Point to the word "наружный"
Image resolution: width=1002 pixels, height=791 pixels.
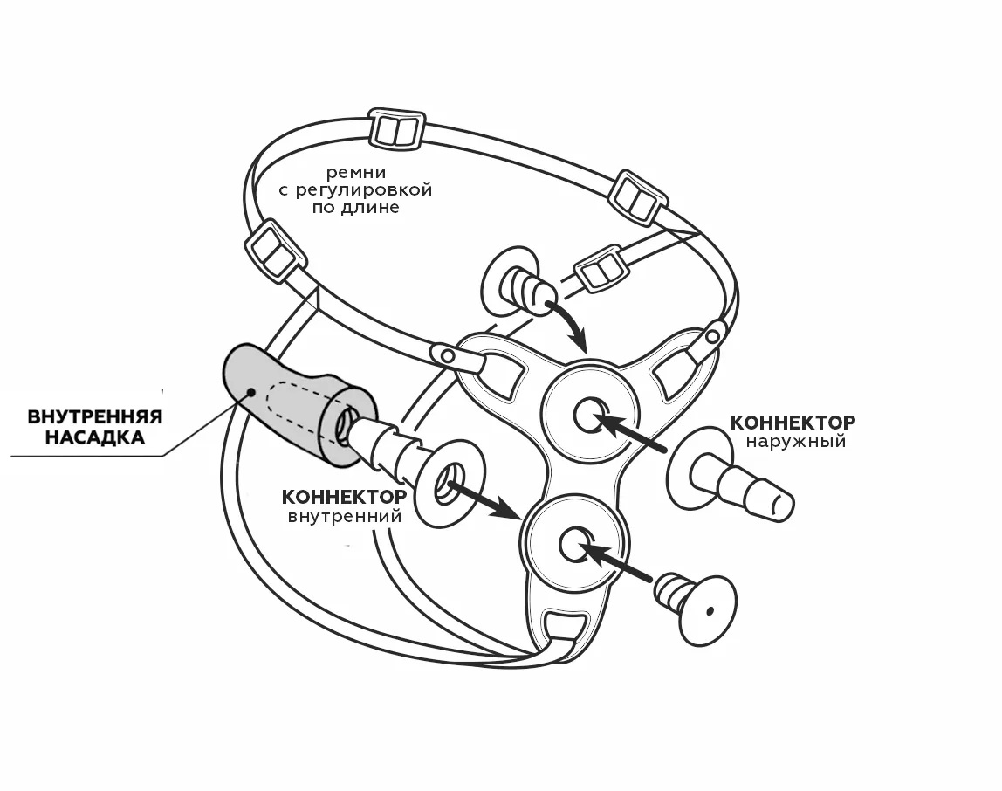tap(795, 442)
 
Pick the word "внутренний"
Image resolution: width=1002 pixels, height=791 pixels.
tap(344, 516)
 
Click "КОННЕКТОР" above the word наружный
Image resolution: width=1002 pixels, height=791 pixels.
tap(793, 423)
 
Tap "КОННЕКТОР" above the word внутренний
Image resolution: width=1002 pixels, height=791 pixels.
tap(343, 497)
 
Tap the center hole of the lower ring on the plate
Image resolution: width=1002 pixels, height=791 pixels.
tap(573, 545)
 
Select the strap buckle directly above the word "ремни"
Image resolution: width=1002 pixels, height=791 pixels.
tap(397, 130)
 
